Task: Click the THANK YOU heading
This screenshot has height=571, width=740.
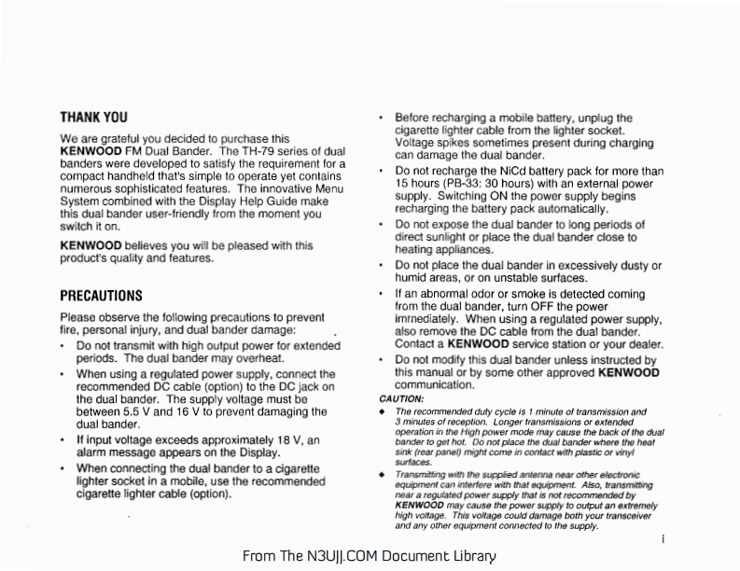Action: point(93,118)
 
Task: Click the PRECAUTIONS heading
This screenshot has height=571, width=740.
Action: point(101,297)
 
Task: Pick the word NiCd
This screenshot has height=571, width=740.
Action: point(524,172)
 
